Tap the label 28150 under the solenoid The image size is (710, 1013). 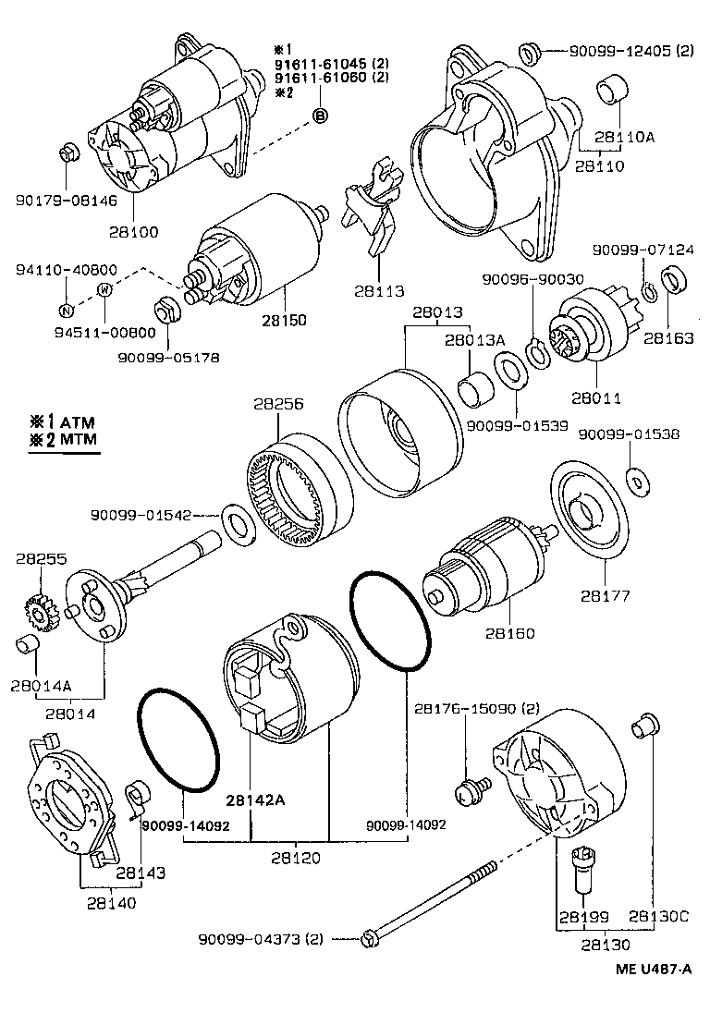(285, 320)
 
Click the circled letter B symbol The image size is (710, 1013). (320, 116)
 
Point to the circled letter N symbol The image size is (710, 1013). (67, 310)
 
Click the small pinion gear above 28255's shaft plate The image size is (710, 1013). (36, 610)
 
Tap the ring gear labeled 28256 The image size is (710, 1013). (300, 485)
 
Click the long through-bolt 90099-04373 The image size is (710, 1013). (435, 907)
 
